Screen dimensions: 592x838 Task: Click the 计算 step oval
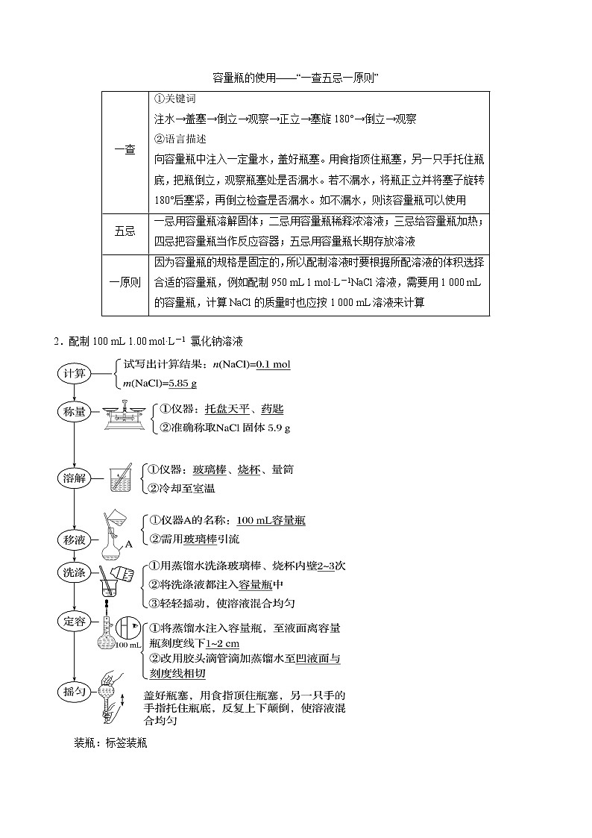click(x=75, y=373)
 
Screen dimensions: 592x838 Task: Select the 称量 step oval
click(x=75, y=411)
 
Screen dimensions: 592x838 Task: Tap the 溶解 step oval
click(x=75, y=478)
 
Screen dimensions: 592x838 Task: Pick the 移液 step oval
click(x=75, y=538)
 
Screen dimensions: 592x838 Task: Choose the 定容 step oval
click(x=75, y=620)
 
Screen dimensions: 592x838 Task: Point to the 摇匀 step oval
click(x=75, y=692)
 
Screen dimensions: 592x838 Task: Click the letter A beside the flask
click(x=128, y=544)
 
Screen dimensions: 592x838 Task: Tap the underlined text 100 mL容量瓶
click(x=271, y=521)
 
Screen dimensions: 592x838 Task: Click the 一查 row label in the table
click(x=125, y=149)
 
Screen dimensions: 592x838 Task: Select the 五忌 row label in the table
click(x=125, y=231)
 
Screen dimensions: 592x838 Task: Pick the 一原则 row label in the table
click(x=125, y=282)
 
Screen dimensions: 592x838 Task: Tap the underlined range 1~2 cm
click(x=223, y=642)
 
